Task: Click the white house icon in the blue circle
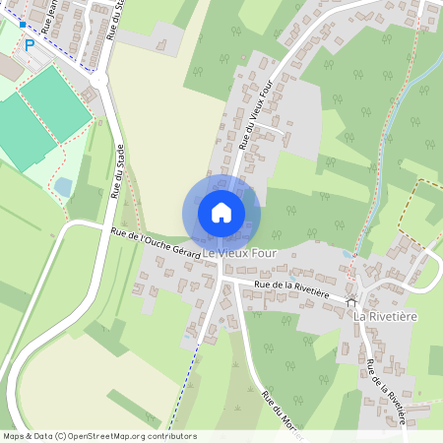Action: pyautogui.click(x=221, y=212)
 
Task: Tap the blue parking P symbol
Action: pyautogui.click(x=30, y=44)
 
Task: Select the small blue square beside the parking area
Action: pyautogui.click(x=22, y=24)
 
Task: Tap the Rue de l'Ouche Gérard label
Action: pyautogui.click(x=158, y=244)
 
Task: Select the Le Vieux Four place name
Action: pyautogui.click(x=240, y=255)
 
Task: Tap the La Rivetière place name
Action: pyautogui.click(x=387, y=317)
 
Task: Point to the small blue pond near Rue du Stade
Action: pyautogui.click(x=63, y=186)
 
